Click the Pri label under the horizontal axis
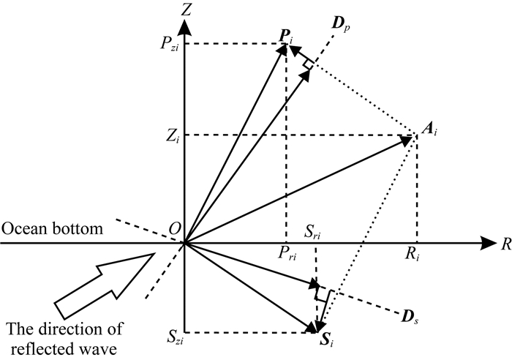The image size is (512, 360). (x=286, y=255)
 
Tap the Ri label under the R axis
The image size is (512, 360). (x=416, y=255)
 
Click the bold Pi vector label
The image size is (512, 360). (x=285, y=34)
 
